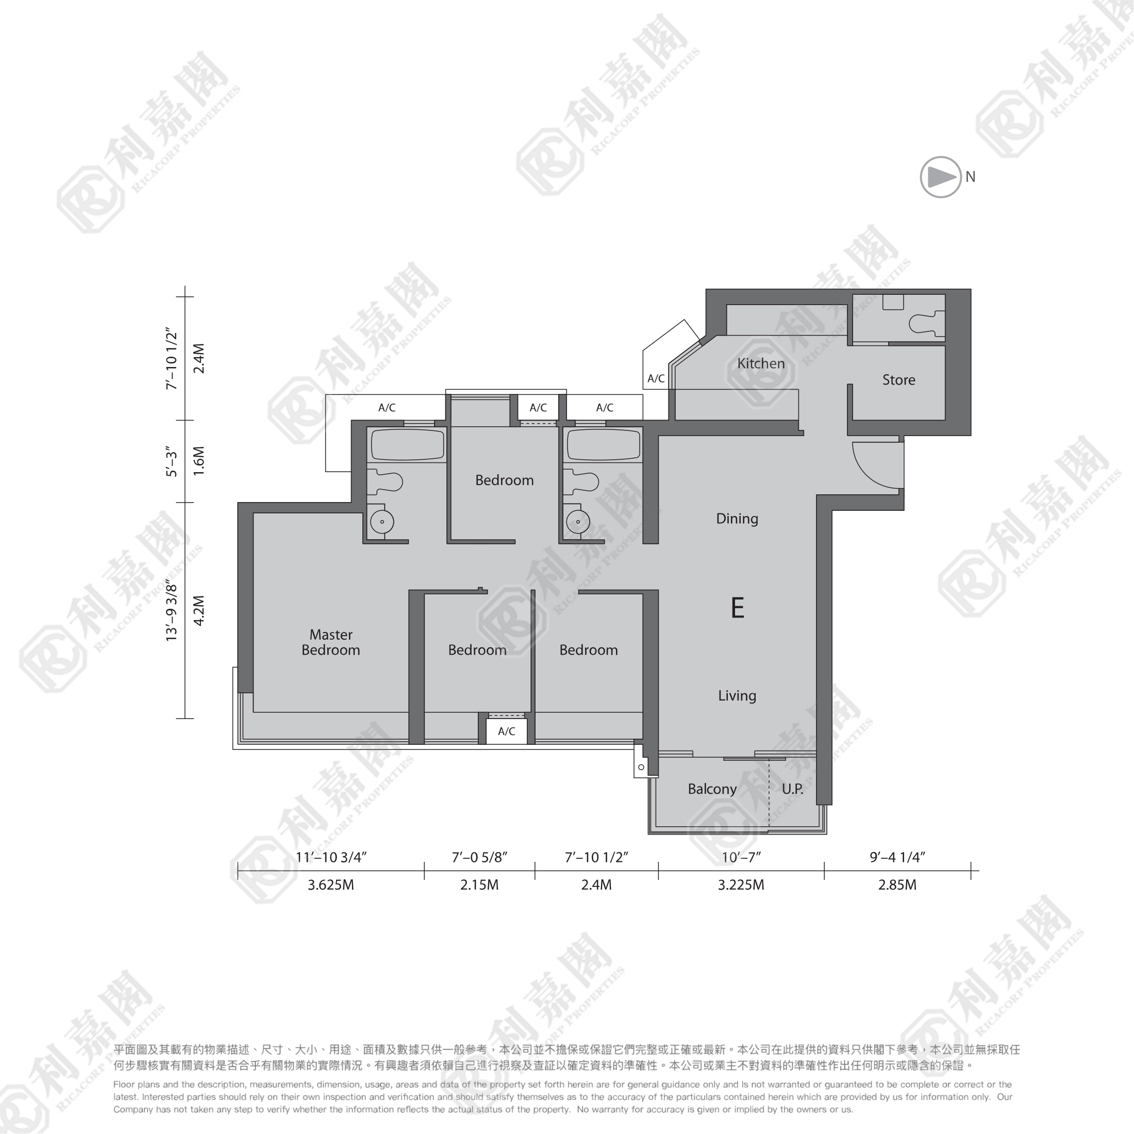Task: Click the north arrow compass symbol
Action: (x=940, y=177)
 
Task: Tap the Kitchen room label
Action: (x=761, y=363)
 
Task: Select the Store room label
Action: (x=898, y=380)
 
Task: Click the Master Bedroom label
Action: (x=330, y=642)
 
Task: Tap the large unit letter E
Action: (x=738, y=608)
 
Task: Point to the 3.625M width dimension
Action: (x=331, y=885)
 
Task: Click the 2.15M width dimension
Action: (x=479, y=885)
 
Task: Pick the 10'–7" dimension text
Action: (x=741, y=858)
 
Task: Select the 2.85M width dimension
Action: (x=897, y=885)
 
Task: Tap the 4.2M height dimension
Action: (x=199, y=610)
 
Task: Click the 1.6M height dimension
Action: (x=199, y=461)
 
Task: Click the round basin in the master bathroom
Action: (x=382, y=522)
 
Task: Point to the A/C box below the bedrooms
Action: (x=507, y=731)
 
